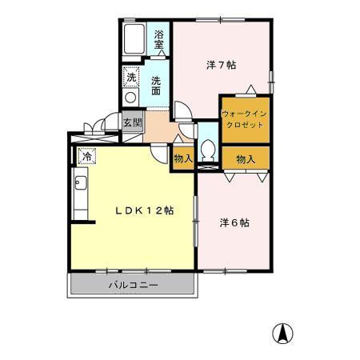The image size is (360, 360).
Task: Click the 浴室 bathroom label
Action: point(158,39)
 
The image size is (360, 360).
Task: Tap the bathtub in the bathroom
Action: point(134,39)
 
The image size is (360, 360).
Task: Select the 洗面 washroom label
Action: point(156,86)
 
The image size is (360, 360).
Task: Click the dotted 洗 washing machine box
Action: point(130,77)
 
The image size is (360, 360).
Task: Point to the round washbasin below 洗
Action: point(130,97)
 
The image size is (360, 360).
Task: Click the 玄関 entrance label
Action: point(133,122)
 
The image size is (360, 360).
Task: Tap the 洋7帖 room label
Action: point(221,65)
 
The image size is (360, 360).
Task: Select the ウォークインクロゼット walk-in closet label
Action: point(244,119)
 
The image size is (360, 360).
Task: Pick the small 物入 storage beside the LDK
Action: point(183,158)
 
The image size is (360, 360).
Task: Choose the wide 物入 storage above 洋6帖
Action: point(246,158)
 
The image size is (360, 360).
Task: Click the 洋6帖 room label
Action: point(234,222)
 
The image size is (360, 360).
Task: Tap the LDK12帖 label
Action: point(145,210)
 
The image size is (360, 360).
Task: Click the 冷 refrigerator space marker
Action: point(86,156)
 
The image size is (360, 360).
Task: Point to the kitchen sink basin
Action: point(81,182)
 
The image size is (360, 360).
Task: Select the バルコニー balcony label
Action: point(133,285)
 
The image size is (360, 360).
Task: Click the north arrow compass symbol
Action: point(282,334)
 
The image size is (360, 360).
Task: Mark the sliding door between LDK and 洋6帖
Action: point(196,222)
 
